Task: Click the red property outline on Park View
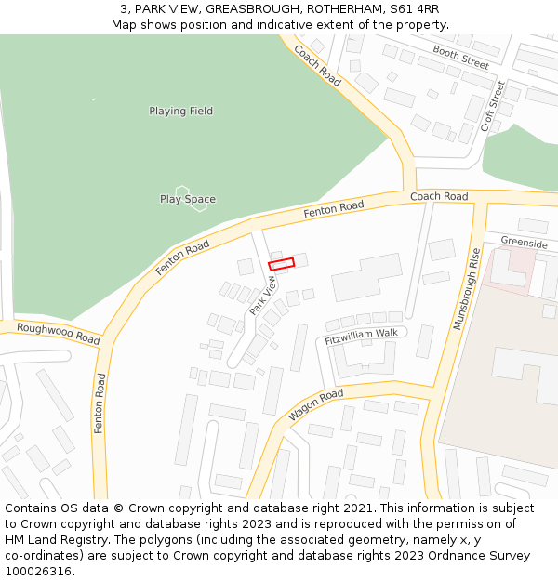[281, 264]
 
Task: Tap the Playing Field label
[180, 112]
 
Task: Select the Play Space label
[187, 199]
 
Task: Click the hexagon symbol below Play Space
[197, 199]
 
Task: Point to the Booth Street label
[460, 59]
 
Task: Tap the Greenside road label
[524, 243]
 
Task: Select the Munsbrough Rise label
[467, 288]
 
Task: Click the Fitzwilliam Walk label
[361, 336]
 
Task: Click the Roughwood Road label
[58, 334]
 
